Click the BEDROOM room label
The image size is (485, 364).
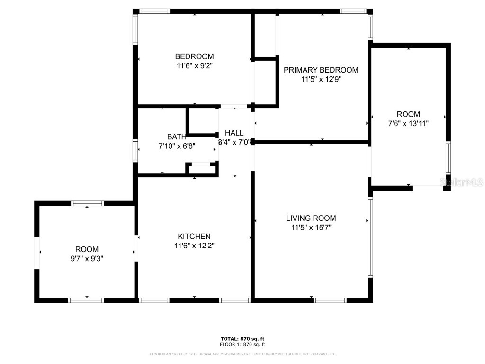coord(194,56)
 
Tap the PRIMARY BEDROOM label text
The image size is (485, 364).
coord(321,70)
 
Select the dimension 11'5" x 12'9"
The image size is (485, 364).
coord(321,80)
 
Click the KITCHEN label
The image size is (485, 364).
coord(194,237)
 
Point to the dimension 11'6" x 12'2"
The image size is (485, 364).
coord(194,246)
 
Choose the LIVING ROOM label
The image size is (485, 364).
coord(311,218)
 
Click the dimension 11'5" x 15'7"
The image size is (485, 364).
coord(311,227)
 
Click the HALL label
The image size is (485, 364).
coord(234,133)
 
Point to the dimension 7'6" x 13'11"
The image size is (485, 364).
coord(408,123)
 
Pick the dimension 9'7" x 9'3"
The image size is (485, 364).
coord(87,258)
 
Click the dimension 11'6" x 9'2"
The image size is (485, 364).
coord(194,66)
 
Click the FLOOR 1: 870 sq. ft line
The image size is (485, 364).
coord(242,345)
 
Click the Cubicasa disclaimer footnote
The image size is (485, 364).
coord(242,354)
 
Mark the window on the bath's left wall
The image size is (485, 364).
coord(135,151)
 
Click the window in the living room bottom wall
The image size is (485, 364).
coord(330,300)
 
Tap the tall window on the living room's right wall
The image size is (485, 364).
coord(370,237)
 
